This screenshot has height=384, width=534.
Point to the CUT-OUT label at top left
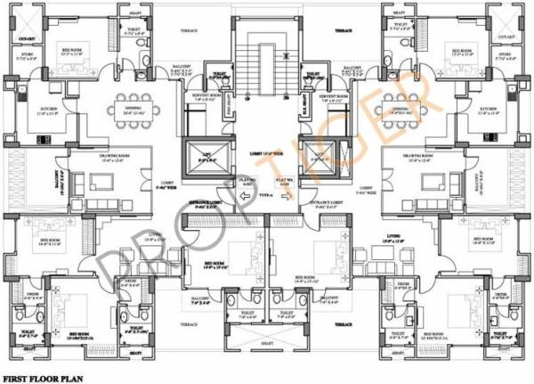[x=28, y=37]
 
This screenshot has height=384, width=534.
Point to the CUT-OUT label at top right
[x=506, y=37]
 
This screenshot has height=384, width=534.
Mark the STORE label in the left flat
[x=27, y=55]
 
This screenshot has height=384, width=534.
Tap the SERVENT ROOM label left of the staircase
[x=205, y=95]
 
